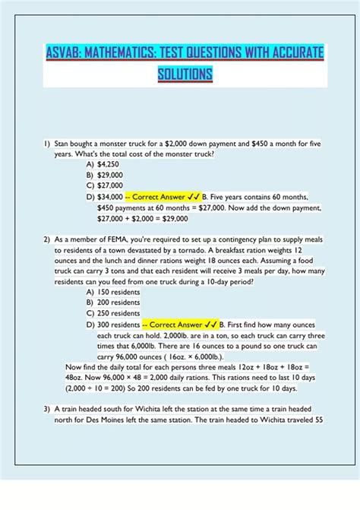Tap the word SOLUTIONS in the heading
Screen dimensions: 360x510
[185, 74]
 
